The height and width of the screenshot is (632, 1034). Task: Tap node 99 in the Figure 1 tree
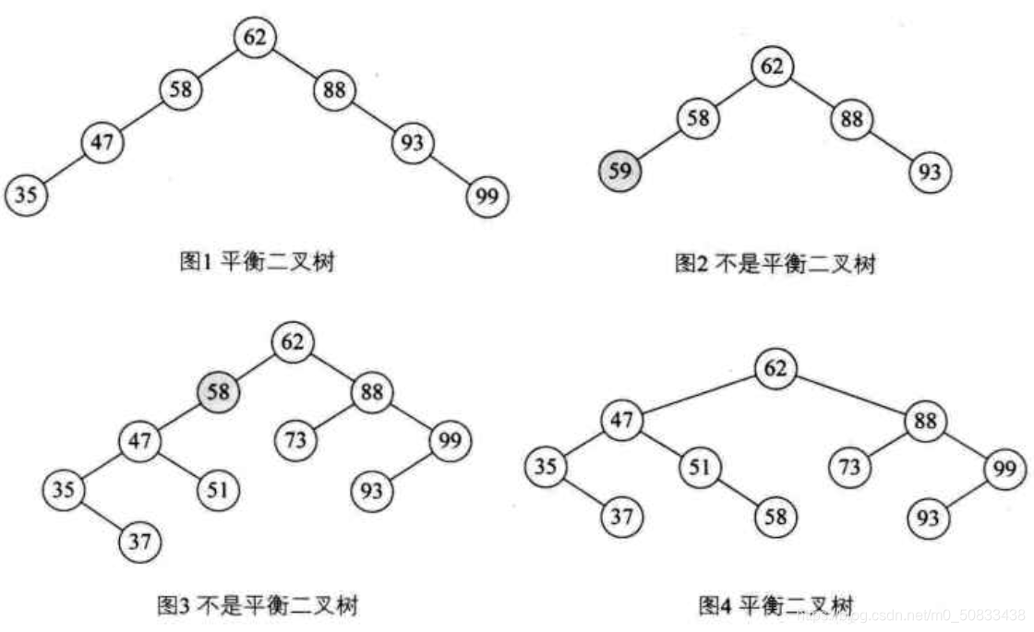(487, 196)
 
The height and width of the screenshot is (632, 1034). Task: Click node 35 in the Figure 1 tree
(27, 195)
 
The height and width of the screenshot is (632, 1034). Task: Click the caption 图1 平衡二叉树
(256, 263)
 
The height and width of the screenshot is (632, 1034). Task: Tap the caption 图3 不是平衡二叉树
(255, 605)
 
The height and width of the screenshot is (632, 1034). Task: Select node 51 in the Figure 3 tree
(218, 489)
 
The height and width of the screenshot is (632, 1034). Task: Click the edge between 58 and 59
(659, 145)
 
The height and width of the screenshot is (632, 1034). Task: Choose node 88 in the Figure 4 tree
(926, 421)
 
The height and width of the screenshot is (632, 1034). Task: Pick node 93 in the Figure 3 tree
(374, 489)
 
